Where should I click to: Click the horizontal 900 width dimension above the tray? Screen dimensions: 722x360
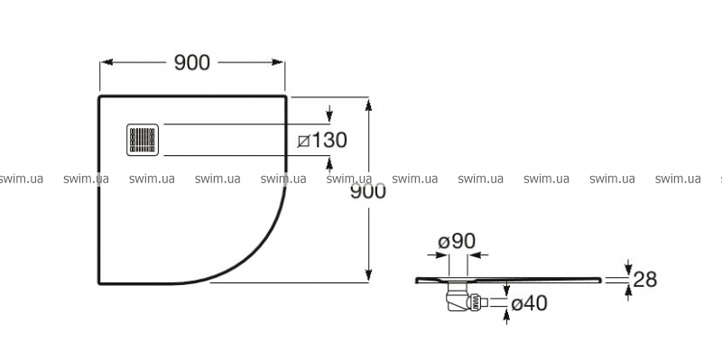192,62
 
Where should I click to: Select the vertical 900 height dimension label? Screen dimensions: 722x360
368,191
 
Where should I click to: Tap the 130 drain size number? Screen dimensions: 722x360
329,140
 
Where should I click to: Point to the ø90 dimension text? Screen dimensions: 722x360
457,241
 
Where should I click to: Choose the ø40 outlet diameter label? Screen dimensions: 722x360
529,303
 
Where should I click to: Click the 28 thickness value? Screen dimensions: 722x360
645,279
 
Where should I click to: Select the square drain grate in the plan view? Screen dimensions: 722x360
143,140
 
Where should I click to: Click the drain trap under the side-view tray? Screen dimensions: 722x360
462,296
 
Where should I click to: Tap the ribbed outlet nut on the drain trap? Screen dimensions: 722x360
477,302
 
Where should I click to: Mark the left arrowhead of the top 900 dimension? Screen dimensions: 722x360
106,62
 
